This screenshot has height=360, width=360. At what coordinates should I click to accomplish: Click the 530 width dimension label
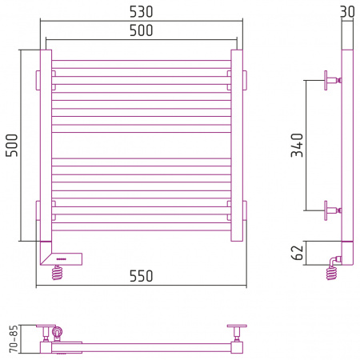141,12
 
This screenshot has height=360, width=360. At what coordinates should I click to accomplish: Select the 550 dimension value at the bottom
141,276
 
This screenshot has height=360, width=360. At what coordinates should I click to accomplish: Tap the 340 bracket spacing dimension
298,145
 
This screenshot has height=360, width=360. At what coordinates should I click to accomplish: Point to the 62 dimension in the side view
298,253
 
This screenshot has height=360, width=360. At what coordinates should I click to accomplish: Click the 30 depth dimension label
347,12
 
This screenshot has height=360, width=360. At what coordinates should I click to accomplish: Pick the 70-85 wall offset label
14,338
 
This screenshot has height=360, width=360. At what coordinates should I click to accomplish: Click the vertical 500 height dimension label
12,146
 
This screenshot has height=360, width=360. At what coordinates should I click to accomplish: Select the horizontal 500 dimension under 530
141,30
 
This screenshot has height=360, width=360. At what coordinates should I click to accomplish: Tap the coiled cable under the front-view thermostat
58,273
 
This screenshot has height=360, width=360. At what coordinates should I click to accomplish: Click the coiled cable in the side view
331,273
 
